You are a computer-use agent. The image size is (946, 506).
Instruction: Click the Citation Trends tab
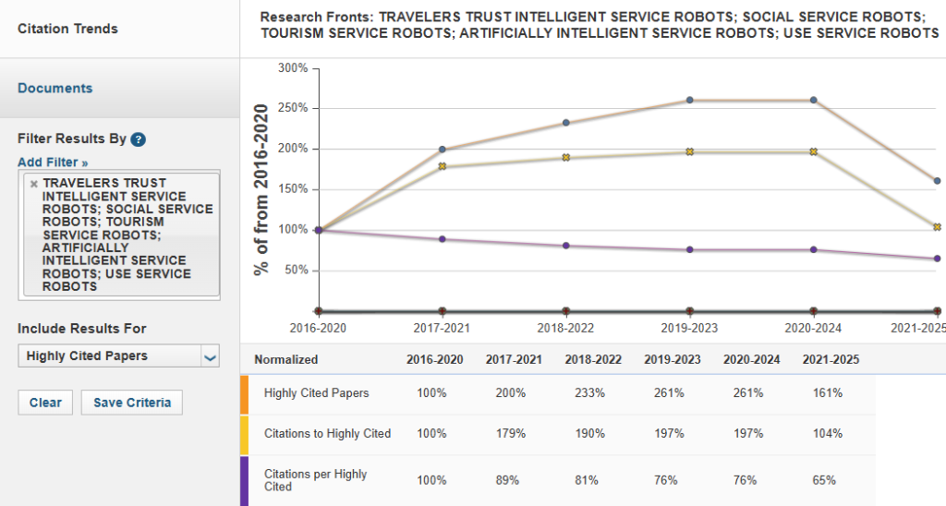67,29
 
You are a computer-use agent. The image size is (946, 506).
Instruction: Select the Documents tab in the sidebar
55,89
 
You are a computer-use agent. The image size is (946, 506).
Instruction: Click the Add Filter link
53,163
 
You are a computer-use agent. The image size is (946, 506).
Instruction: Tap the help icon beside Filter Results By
139,139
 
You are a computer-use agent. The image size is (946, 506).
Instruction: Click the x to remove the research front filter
34,184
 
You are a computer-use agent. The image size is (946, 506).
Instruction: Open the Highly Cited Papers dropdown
118,356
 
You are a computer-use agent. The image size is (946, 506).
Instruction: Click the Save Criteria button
132,403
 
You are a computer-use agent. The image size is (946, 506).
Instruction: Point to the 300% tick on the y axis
293,68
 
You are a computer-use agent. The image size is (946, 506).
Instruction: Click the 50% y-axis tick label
296,271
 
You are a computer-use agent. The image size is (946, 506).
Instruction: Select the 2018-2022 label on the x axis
566,328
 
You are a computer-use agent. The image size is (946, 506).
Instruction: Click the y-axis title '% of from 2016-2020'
261,189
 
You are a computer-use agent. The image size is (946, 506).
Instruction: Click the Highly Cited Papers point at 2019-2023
690,100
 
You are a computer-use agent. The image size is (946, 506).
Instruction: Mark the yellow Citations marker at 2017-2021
443,166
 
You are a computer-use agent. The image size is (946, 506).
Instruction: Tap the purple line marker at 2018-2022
566,246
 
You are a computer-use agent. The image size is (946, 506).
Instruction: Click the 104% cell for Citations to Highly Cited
828,434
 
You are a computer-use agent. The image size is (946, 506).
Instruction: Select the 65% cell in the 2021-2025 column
824,480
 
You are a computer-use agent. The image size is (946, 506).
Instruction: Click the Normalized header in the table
285,360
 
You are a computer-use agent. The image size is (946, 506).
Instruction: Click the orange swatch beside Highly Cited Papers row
244,393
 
